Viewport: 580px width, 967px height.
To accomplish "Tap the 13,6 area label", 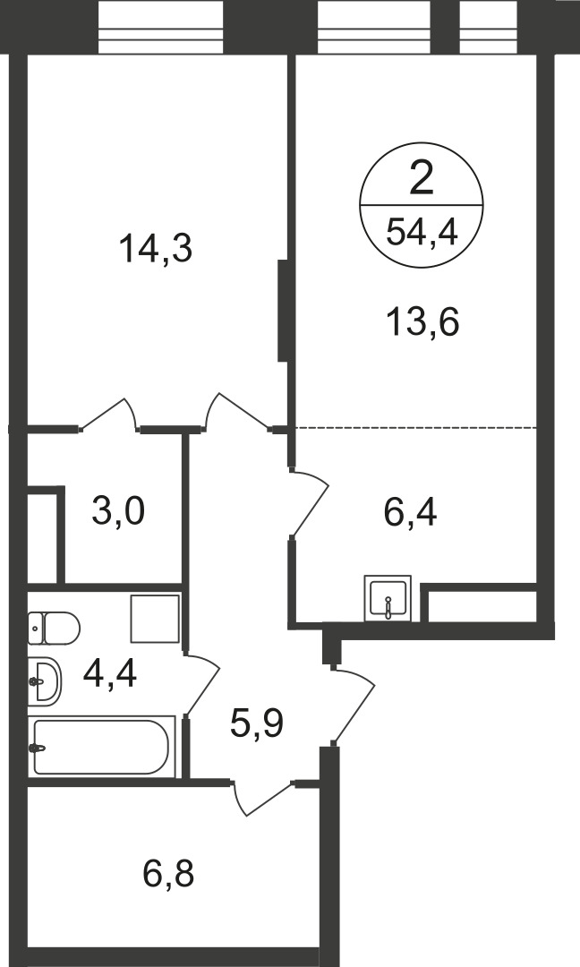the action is click(x=423, y=322).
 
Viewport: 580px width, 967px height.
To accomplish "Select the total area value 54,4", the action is click(x=422, y=233).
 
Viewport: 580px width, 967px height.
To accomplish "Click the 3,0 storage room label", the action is click(x=118, y=511).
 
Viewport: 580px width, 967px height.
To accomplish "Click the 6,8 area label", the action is click(x=168, y=874).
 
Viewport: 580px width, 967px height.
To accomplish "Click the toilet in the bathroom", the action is click(x=54, y=629).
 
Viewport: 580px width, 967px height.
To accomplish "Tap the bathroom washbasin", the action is click(x=45, y=680).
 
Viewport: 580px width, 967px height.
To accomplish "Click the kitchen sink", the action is click(x=388, y=597).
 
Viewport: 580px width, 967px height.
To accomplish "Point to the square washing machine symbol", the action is click(x=155, y=619).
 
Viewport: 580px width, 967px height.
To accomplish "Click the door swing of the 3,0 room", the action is click(x=108, y=413).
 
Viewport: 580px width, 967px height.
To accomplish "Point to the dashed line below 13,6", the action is click(x=417, y=427).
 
